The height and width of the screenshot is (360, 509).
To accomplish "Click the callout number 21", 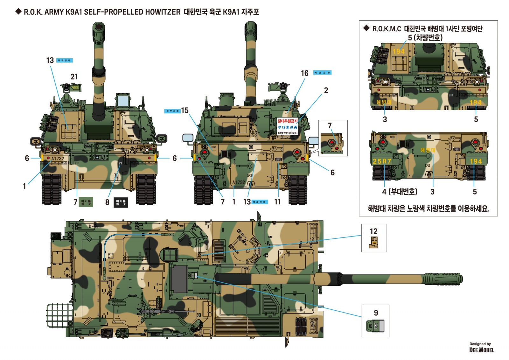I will tap(74, 77).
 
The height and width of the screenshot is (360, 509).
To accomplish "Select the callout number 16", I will tap(304, 73).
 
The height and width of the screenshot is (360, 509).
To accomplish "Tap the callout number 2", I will tap(326, 90).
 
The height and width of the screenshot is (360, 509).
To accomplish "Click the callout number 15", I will tap(185, 110).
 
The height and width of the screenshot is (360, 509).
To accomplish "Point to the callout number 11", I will tap(277, 202).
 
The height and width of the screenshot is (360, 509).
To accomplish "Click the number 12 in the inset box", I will tap(373, 231).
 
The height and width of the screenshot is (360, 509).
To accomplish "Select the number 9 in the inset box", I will tap(376, 313).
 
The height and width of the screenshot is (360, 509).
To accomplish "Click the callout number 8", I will tap(107, 202).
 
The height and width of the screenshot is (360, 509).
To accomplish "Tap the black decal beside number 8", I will tap(121, 202).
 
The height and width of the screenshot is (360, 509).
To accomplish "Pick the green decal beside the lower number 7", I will tap(86, 202).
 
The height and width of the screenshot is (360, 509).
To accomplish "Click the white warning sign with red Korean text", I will tap(287, 126).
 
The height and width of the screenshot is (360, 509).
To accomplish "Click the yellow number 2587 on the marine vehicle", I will tap(382, 161).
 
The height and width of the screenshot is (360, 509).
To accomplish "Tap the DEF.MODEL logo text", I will tap(482, 350).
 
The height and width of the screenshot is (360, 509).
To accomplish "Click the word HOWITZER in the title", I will tap(163, 12).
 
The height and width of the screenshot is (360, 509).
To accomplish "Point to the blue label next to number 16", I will tap(322, 73).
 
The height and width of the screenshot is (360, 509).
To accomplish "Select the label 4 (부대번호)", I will tap(400, 192).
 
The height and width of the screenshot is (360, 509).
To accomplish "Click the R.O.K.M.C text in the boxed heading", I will tap(387, 29).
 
